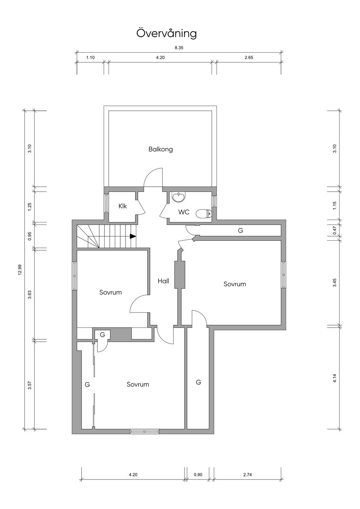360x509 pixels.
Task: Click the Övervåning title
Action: point(166,33)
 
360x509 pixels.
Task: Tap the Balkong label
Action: point(161,149)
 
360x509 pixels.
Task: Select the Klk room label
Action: point(122,206)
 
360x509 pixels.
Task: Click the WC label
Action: point(184,212)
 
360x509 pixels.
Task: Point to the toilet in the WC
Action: point(204,213)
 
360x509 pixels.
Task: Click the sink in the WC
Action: point(179,197)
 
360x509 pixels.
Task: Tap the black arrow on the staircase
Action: point(133,236)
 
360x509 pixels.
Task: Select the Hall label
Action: point(163,281)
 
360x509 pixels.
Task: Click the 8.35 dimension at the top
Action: point(179,48)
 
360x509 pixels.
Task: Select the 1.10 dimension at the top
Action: point(90,58)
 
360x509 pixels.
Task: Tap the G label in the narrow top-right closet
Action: point(240,230)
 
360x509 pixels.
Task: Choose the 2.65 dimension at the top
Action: point(249,58)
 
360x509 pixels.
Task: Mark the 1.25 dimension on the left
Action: point(30,207)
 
